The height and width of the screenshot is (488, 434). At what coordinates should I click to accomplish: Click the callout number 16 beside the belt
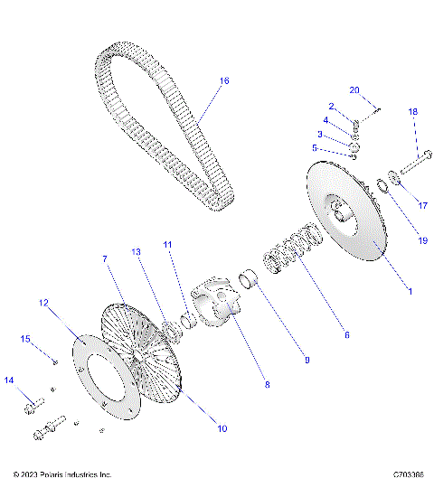click(224, 81)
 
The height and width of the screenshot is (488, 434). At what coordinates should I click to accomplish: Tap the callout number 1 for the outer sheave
click(410, 291)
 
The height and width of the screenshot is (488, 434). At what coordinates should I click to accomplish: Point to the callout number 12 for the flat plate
click(43, 304)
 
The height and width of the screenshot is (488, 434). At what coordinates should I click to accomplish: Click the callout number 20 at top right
click(354, 89)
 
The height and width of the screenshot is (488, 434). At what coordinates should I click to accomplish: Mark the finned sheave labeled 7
click(136, 343)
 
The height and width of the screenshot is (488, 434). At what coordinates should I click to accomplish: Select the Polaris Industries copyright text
click(62, 474)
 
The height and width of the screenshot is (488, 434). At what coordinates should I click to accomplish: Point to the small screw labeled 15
click(55, 361)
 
